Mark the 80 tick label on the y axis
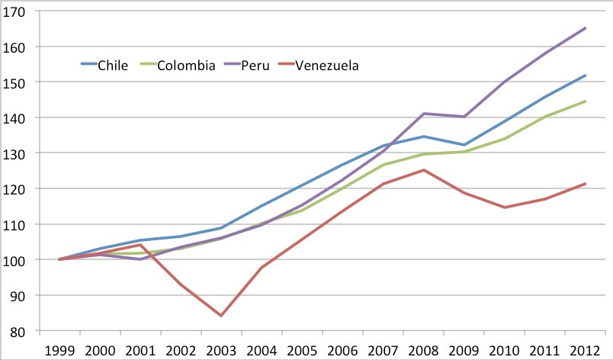(18, 331)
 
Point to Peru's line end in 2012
(585, 28)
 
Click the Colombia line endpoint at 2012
(585, 101)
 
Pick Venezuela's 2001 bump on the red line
(140, 245)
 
